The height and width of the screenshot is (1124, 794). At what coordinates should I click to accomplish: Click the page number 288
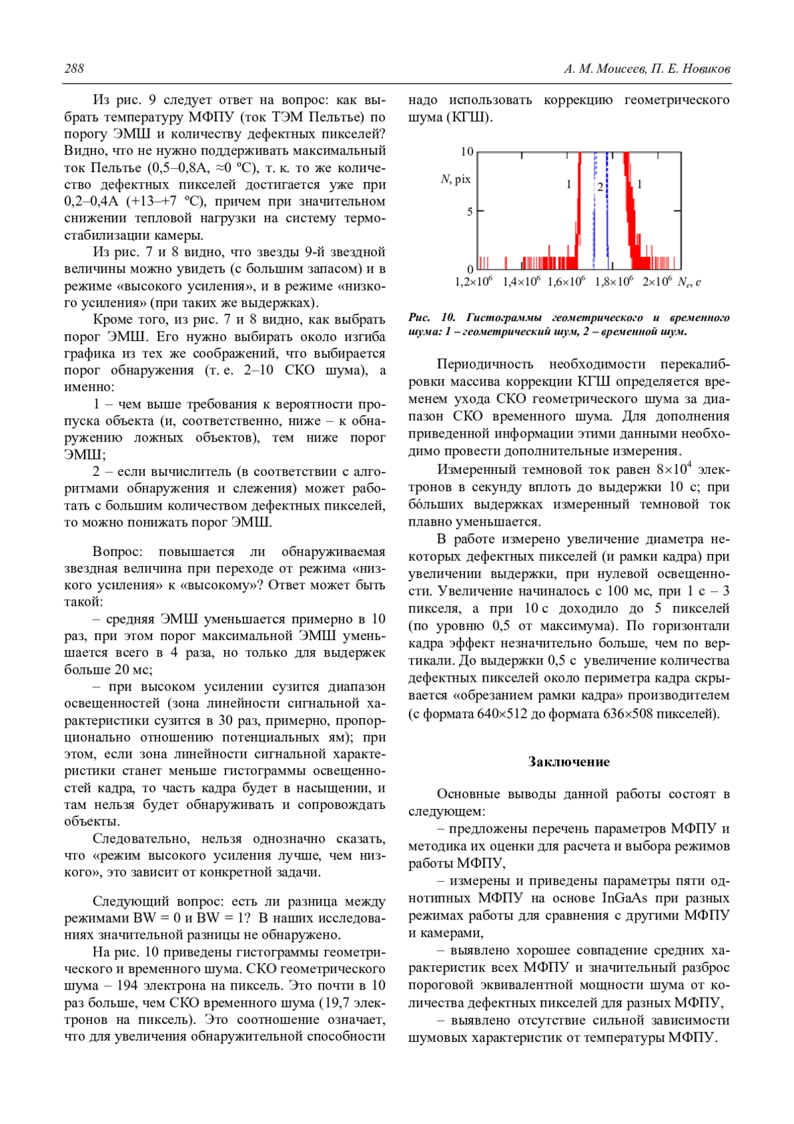click(x=74, y=69)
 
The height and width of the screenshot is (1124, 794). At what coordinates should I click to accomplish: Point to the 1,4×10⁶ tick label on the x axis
click(x=521, y=282)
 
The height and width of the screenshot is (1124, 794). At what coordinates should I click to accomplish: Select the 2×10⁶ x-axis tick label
click(x=657, y=282)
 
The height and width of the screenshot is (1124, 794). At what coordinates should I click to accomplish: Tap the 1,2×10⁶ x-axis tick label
click(x=473, y=282)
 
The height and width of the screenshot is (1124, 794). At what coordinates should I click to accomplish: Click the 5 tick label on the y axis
click(x=470, y=212)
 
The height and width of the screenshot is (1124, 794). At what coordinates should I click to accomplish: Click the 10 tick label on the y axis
click(x=467, y=152)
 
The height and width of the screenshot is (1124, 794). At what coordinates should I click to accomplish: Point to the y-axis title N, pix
click(x=455, y=179)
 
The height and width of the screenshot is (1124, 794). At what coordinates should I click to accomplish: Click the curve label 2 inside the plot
click(x=600, y=187)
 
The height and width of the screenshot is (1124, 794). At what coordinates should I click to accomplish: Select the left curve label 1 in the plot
click(x=568, y=185)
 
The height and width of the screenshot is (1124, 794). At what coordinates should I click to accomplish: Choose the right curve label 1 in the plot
click(x=639, y=185)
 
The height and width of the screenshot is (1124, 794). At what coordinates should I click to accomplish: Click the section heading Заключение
click(x=568, y=762)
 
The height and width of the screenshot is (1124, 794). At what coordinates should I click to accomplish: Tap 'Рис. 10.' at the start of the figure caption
click(x=432, y=318)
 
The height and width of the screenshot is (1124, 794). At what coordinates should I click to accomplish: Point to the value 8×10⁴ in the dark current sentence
click(x=674, y=469)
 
